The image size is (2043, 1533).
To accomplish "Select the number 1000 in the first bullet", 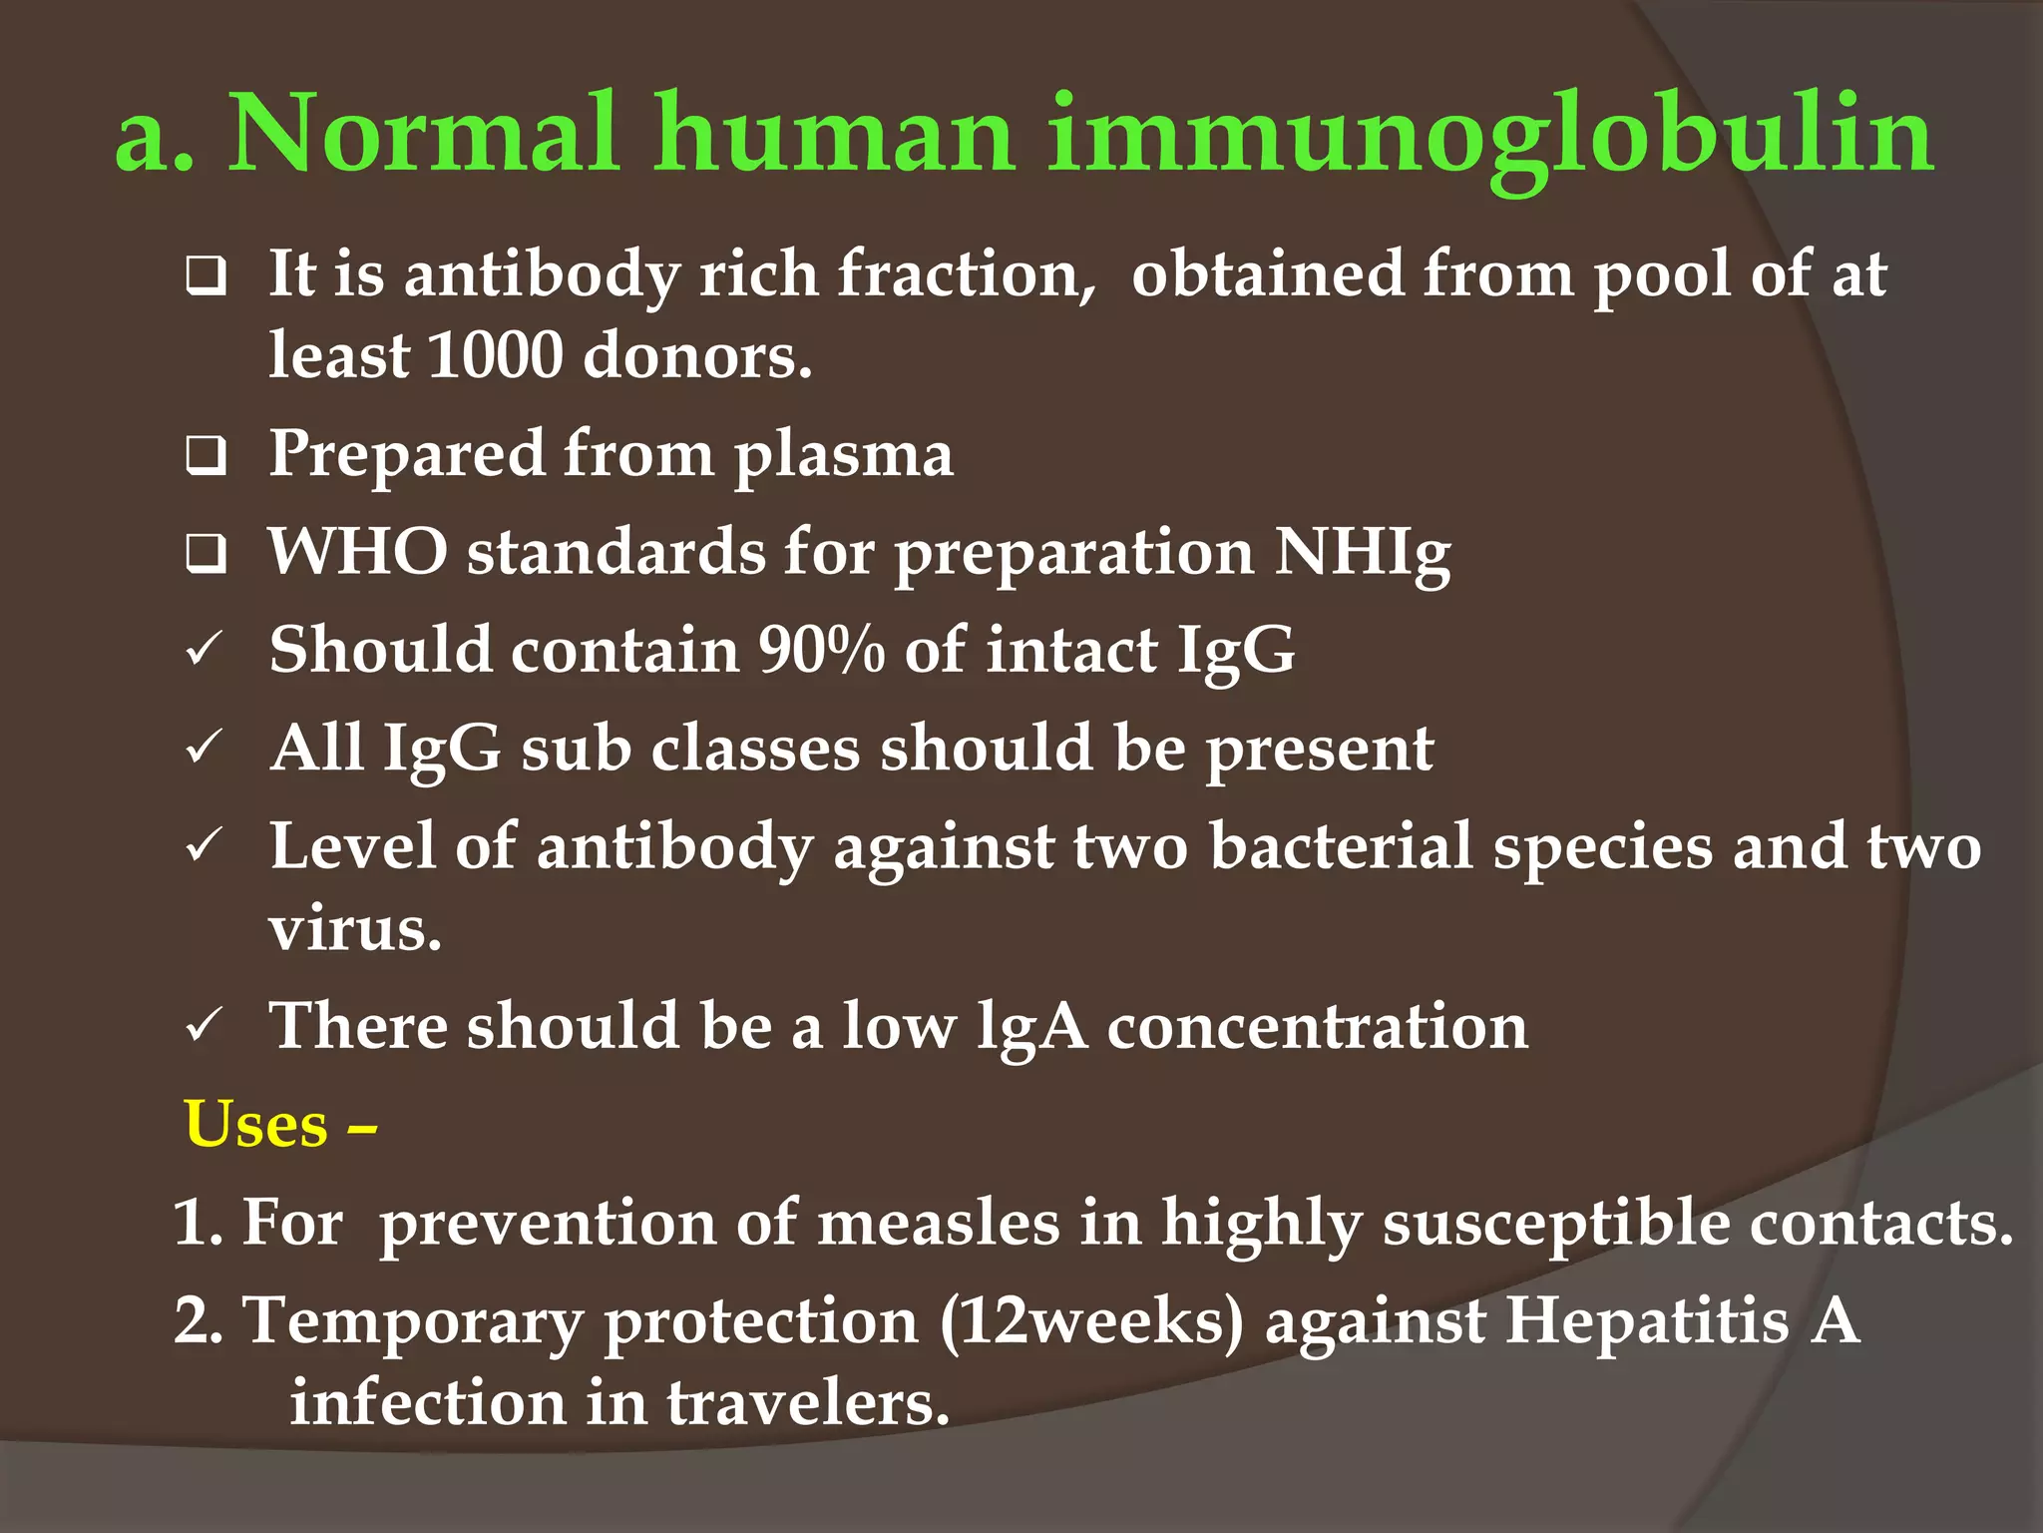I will tap(495, 355).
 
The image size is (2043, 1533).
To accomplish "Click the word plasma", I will tap(844, 455).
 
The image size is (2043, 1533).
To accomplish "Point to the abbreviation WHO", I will tap(357, 551).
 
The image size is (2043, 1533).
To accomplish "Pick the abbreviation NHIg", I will tap(1363, 553).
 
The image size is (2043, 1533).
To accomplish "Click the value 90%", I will tap(820, 651).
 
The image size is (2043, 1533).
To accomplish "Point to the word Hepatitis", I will tap(1647, 1321).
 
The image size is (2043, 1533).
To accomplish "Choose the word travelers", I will tap(808, 1403).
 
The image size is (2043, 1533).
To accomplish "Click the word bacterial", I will tap(1341, 846).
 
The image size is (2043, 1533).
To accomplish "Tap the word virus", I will tap(354, 928).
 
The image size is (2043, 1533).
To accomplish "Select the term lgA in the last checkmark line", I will tap(1031, 1028).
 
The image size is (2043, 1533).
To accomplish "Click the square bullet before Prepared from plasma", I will tap(205, 456).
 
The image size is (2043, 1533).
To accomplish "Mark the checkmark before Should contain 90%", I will tap(204, 651).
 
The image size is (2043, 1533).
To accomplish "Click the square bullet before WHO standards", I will tap(205, 554).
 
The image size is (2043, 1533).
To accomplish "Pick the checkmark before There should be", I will tap(204, 1026).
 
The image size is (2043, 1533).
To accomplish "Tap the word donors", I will tap(697, 355).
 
